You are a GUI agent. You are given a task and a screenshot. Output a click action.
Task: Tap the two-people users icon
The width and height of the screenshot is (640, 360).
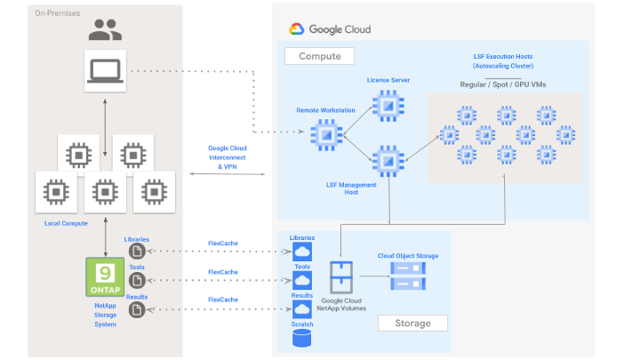pos(106,33)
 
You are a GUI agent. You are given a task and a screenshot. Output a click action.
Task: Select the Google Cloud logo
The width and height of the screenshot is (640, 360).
pos(297,29)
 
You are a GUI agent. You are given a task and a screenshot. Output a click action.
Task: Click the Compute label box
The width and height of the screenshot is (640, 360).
pos(319,56)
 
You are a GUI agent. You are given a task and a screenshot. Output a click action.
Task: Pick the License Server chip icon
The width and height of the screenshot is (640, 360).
pos(388,106)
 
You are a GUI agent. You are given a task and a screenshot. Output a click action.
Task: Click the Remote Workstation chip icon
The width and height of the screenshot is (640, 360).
pos(325,134)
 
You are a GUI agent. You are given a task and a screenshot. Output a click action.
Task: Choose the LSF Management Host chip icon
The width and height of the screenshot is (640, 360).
pos(388,161)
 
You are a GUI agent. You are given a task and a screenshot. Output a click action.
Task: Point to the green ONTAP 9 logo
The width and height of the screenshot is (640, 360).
pos(105,277)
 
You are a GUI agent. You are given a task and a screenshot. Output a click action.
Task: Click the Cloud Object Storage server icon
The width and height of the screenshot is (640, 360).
pos(408,276)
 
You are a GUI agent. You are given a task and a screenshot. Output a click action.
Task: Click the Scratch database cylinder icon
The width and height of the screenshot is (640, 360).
pos(301,339)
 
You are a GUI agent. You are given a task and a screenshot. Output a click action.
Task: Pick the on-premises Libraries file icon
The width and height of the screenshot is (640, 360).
pos(137,252)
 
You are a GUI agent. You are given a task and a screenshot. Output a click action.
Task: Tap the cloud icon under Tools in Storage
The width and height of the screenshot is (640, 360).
pos(301,280)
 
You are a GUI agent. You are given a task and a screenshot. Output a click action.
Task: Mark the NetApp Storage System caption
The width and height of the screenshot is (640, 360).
pos(105,316)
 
